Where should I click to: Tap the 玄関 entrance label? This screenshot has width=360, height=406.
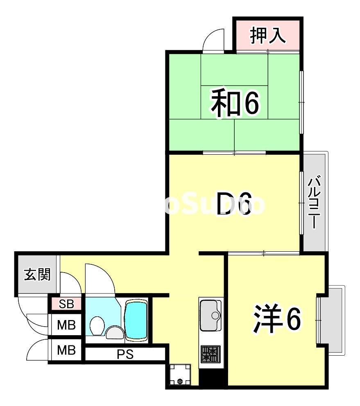point(37,275)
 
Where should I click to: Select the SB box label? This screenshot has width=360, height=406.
point(66,304)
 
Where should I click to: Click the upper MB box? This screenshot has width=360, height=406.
point(66,325)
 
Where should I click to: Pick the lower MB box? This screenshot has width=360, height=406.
point(66,350)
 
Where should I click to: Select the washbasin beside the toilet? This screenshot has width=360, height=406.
point(113,332)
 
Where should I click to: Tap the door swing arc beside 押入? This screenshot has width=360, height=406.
point(214,41)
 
